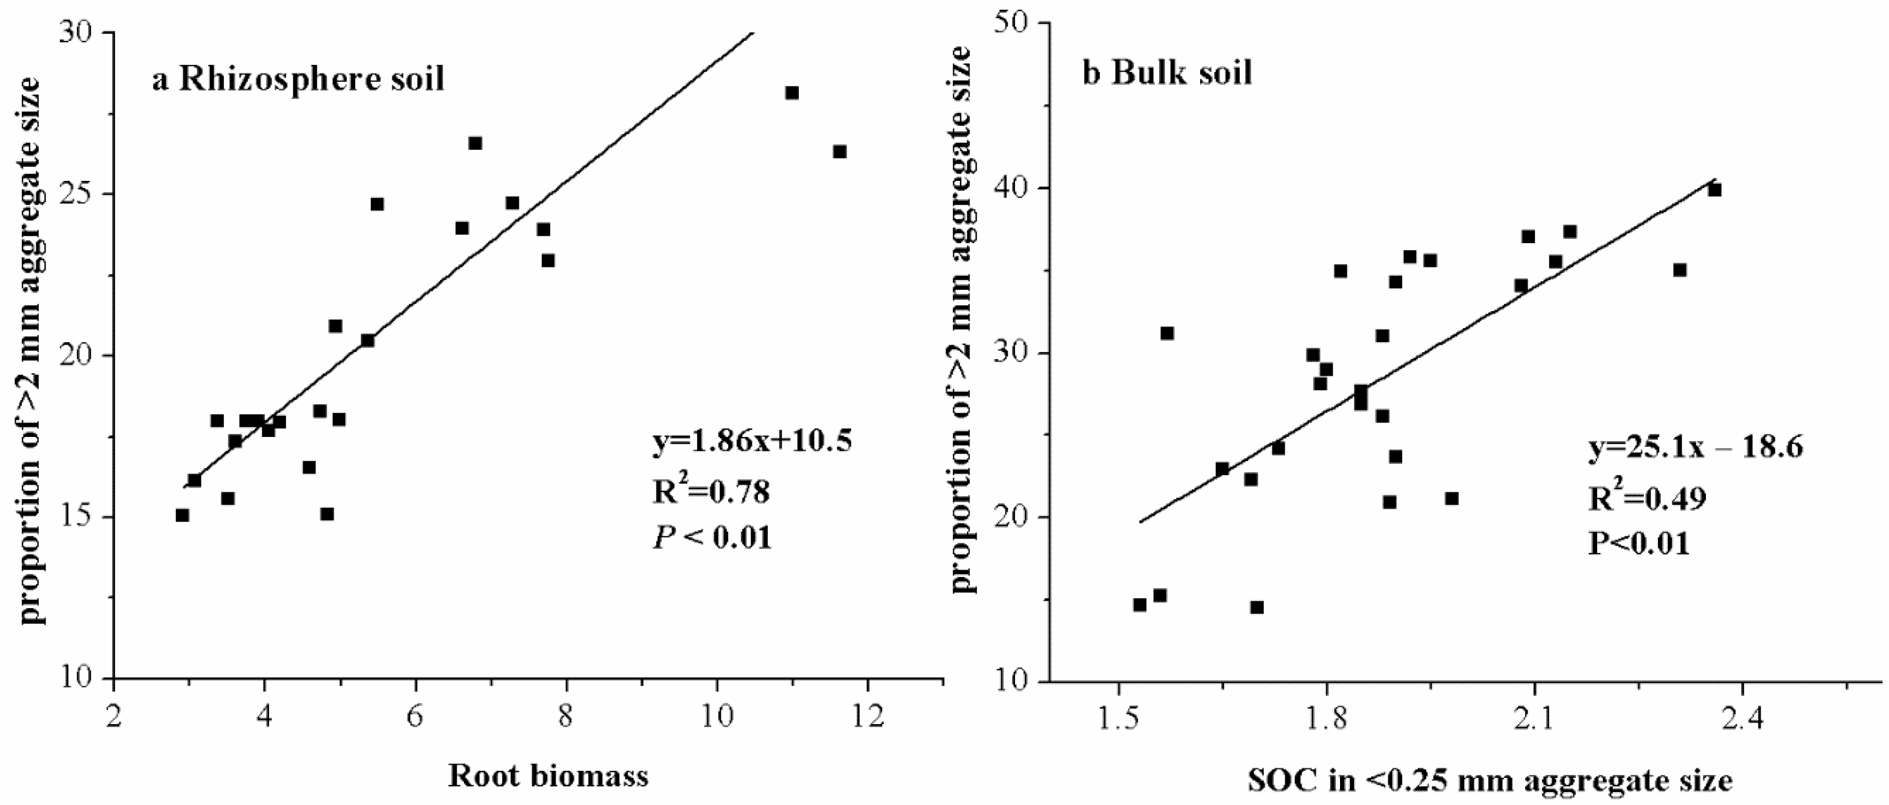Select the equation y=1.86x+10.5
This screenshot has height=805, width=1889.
coord(752,442)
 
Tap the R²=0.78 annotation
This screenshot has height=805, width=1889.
coord(711,491)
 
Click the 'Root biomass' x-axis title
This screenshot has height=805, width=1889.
coord(548,775)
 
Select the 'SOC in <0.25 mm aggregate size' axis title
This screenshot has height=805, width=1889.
coord(1490,780)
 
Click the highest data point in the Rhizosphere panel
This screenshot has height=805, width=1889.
coord(792,93)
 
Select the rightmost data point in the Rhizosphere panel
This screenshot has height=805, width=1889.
coord(840,152)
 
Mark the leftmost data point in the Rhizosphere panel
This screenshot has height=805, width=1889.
coord(182,515)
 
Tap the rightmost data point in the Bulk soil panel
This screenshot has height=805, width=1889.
coord(1714,190)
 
